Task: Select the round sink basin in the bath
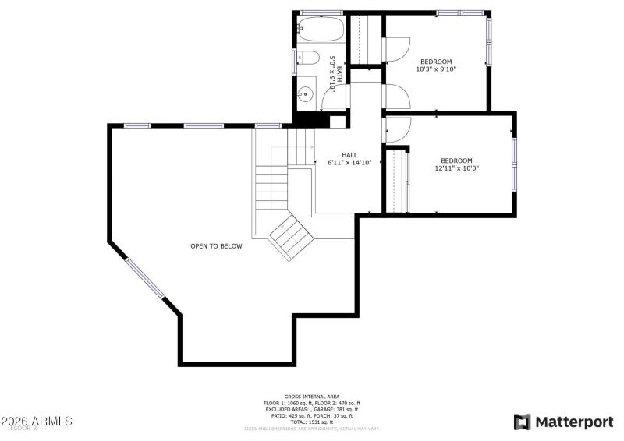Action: (307, 95)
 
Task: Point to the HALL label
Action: (349, 155)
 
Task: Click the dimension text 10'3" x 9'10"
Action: (436, 69)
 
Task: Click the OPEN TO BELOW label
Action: (216, 246)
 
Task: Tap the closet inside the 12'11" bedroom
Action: (399, 181)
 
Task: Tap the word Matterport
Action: (573, 422)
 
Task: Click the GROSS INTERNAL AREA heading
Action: (311, 397)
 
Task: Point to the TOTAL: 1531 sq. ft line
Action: (311, 422)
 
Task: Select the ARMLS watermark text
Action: (37, 421)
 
